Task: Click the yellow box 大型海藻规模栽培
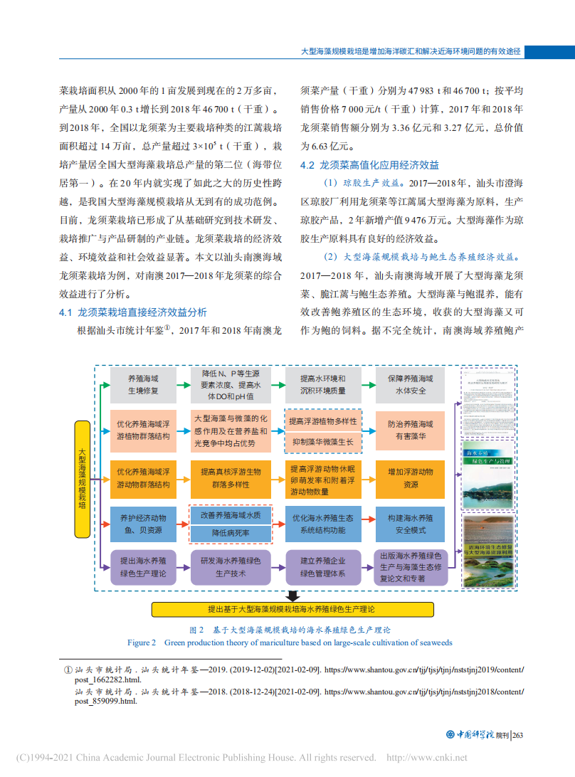[83, 478]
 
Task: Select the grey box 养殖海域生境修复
[143, 385]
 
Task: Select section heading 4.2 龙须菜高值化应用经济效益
[369, 165]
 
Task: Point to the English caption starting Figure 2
[290, 643]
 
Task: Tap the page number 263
[517, 735]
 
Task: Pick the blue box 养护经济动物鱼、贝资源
[143, 524]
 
